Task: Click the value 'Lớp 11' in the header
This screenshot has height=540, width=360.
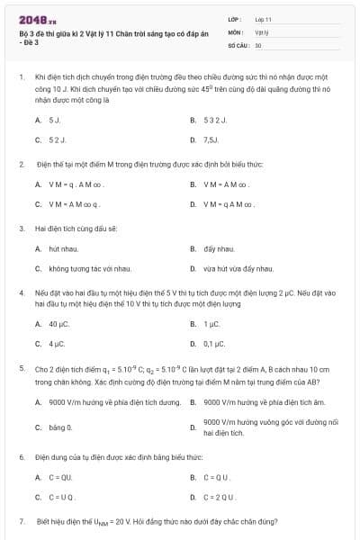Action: pos(263,18)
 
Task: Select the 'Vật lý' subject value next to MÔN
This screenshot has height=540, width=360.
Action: pos(260,31)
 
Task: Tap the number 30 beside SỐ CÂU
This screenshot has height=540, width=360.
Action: pos(258,44)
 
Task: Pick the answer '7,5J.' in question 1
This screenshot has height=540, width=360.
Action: pos(211,140)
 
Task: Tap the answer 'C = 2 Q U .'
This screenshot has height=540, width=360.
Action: pos(218,497)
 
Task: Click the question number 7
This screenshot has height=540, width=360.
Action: pos(21,521)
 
